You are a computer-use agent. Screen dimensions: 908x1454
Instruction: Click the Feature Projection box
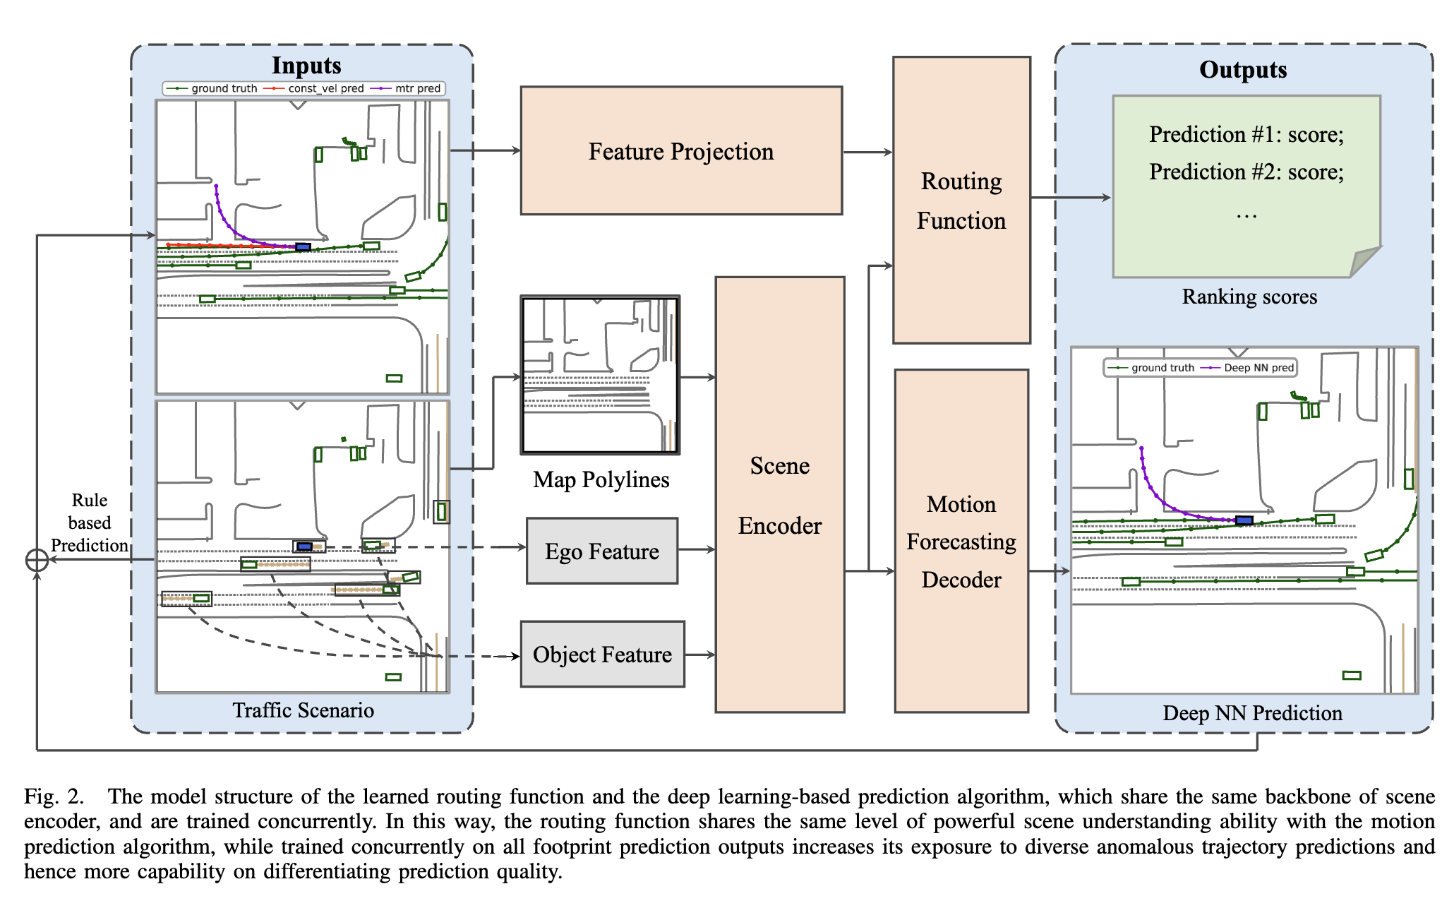680,150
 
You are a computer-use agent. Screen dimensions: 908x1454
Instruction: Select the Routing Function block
961,201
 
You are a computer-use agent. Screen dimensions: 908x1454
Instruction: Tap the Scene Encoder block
779,494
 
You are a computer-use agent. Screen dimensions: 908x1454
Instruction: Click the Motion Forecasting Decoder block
961,541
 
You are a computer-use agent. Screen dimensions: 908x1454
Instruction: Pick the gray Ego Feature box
601,551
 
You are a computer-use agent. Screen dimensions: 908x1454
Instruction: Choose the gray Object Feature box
601,654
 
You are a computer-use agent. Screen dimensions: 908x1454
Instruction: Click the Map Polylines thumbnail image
600,375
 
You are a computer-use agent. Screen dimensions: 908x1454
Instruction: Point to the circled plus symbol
37,560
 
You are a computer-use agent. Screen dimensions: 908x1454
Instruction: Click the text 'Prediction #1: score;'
1246,134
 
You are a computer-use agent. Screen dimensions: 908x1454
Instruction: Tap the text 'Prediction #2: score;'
1246,172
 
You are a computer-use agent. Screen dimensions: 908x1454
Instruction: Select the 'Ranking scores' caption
1249,297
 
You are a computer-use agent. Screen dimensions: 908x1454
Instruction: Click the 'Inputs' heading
306,65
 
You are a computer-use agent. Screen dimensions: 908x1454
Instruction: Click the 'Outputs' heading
1243,69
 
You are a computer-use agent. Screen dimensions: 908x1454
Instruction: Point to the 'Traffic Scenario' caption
303,710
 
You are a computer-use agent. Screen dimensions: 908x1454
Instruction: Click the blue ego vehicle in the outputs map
1244,520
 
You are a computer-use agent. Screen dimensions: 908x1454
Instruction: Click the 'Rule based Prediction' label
90,522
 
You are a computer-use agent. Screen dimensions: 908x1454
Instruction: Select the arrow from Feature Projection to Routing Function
867,152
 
